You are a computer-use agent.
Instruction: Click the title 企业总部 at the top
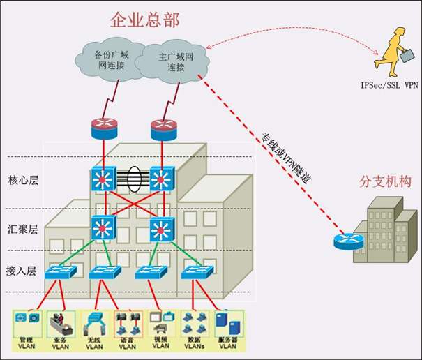pos(144,20)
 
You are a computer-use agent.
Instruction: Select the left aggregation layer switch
pos(105,227)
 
